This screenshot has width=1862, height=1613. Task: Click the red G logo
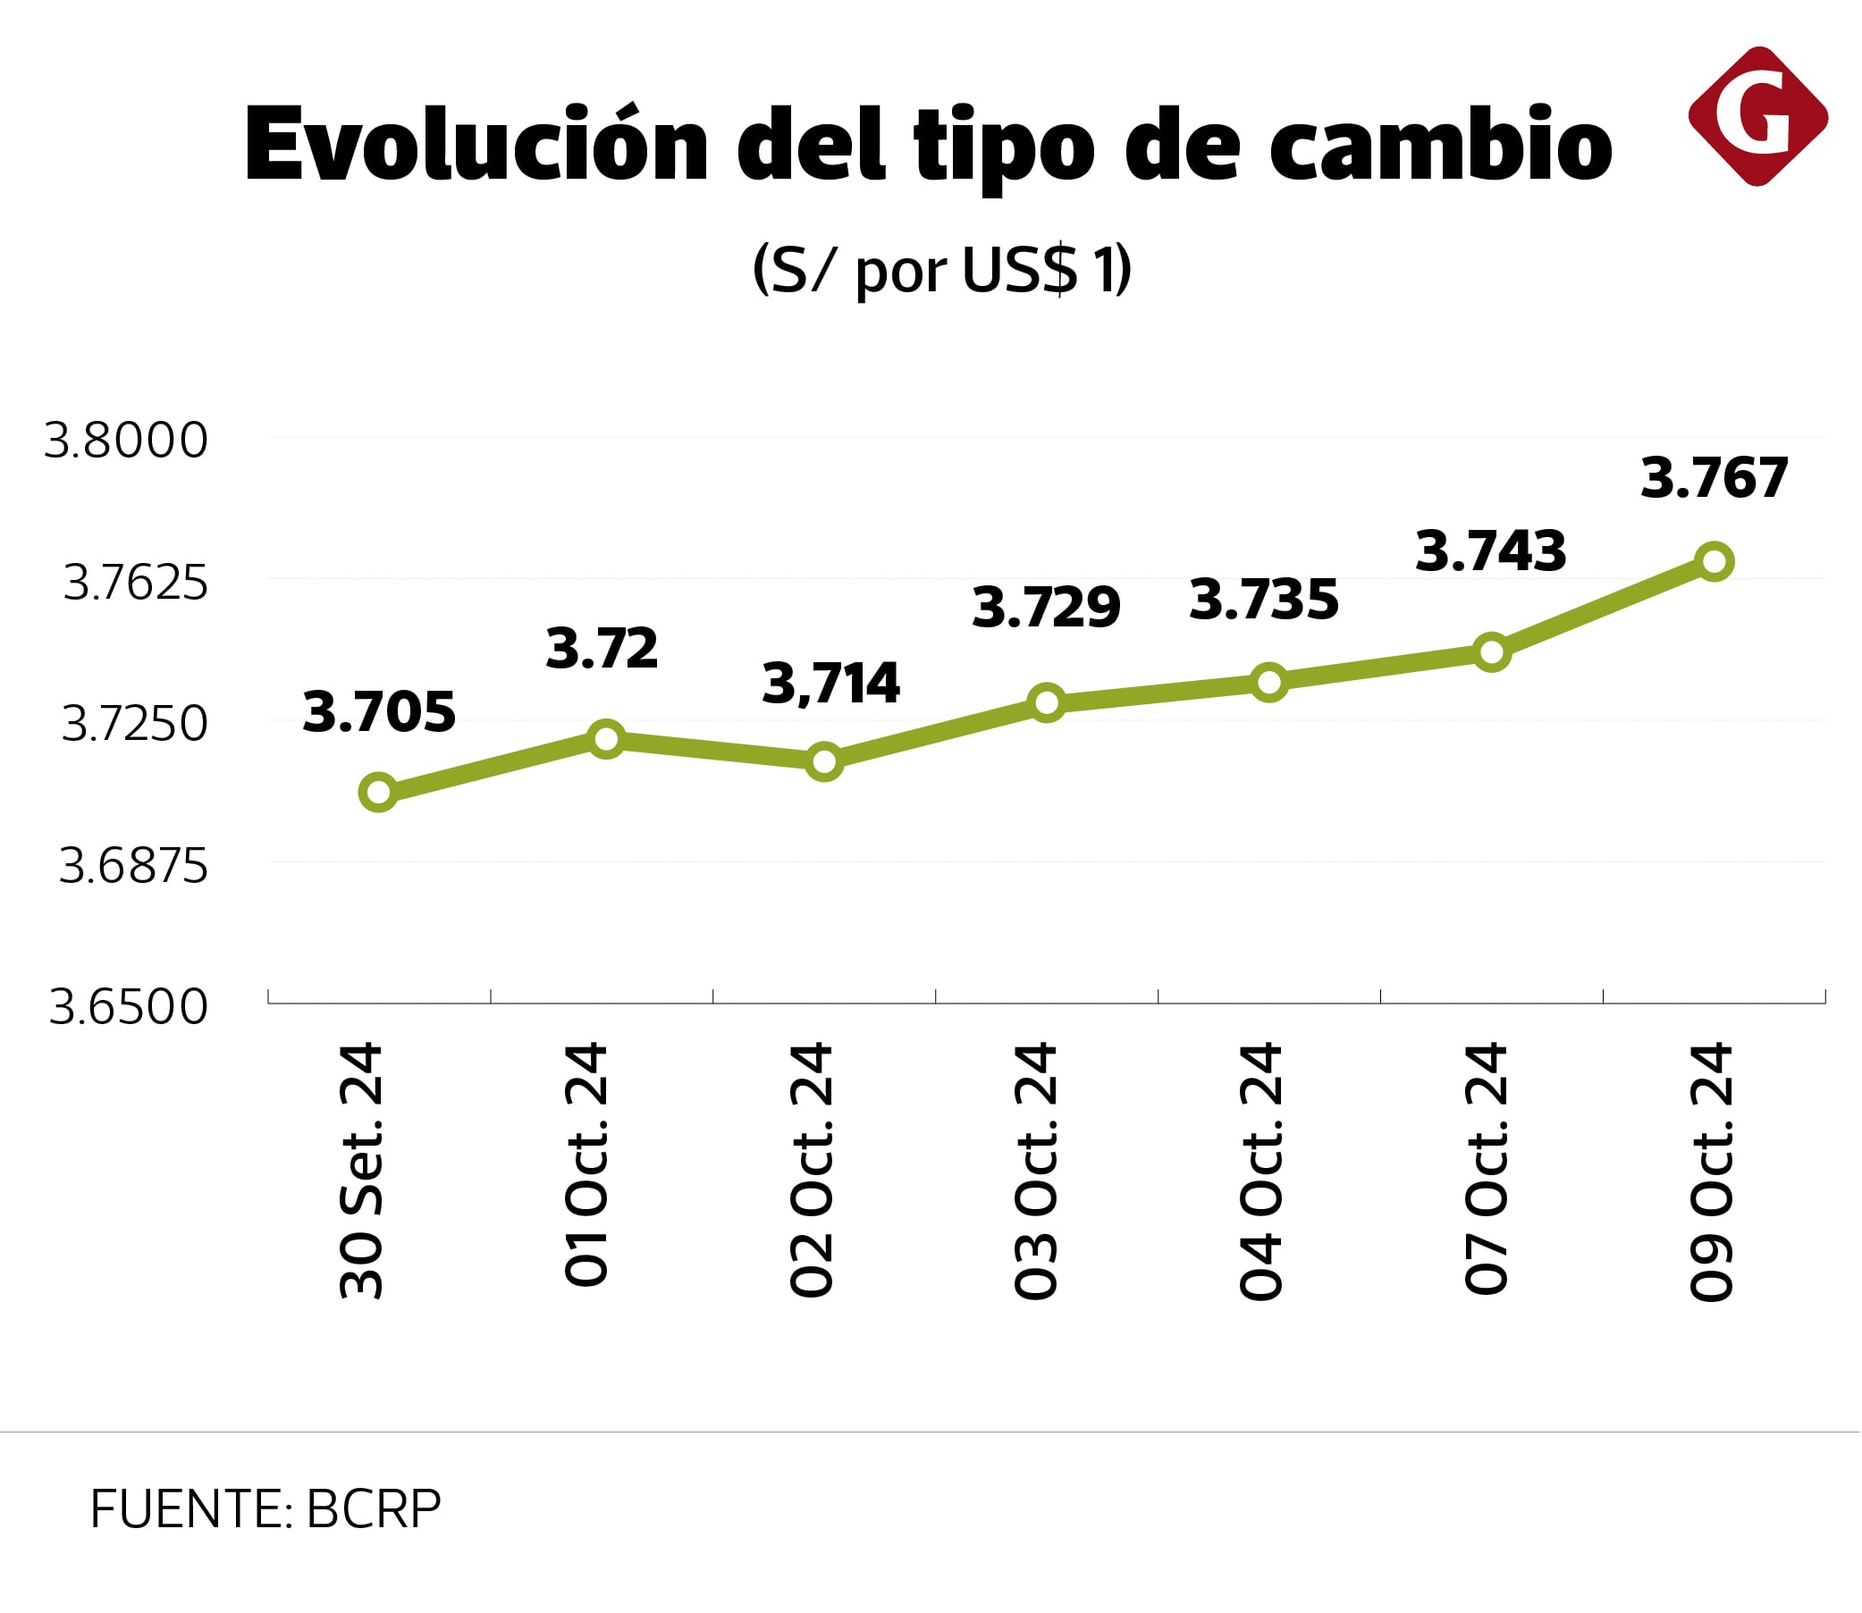pyautogui.click(x=1757, y=116)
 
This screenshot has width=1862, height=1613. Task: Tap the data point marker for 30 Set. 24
pyautogui.click(x=378, y=792)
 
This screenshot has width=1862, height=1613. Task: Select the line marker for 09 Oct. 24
pyautogui.click(x=1714, y=562)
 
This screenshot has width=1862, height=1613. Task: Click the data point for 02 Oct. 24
pyautogui.click(x=824, y=761)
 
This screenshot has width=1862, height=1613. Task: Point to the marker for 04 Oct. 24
pyautogui.click(x=1268, y=682)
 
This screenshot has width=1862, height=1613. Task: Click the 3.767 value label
pyautogui.click(x=1714, y=478)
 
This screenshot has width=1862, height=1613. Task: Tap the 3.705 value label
pyautogui.click(x=379, y=712)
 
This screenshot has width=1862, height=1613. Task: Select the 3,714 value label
pyautogui.click(x=830, y=684)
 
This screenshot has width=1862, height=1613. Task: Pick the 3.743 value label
pyautogui.click(x=1490, y=550)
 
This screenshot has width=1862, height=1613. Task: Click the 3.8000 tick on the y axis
pyautogui.click(x=126, y=441)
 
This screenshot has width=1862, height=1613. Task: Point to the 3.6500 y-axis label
pyautogui.click(x=128, y=1006)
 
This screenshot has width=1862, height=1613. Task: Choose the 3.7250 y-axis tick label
pyautogui.click(x=134, y=724)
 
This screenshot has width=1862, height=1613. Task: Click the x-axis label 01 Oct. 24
pyautogui.click(x=586, y=1165)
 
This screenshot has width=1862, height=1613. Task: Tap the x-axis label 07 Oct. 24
pyautogui.click(x=1486, y=1169)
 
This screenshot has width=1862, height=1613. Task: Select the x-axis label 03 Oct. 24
pyautogui.click(x=1035, y=1170)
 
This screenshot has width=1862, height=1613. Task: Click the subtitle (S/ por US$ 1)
pyautogui.click(x=941, y=268)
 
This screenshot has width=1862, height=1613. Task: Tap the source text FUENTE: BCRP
pyautogui.click(x=265, y=1509)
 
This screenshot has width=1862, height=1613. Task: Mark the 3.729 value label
pyautogui.click(x=1046, y=607)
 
